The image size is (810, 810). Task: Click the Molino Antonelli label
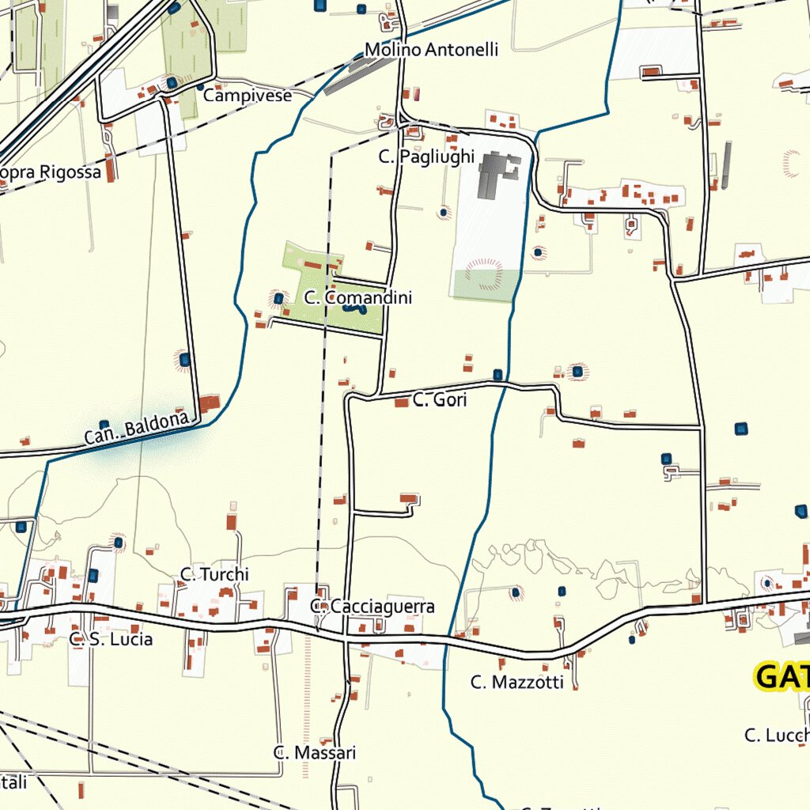(431, 50)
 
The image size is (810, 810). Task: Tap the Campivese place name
(248, 96)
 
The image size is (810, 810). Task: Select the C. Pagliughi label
(426, 157)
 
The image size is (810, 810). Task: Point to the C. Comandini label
(358, 298)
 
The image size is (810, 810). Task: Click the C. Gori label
(440, 400)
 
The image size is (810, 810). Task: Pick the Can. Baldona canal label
(137, 428)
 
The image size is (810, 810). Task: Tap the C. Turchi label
(214, 574)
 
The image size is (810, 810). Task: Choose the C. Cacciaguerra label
(373, 607)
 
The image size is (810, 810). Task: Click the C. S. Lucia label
(111, 639)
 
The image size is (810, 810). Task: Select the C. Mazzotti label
(517, 682)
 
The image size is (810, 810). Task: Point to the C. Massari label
(315, 753)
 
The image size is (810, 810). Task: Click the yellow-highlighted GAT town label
(782, 677)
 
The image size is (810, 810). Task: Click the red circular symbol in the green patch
(483, 274)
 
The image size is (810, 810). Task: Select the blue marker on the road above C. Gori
(498, 374)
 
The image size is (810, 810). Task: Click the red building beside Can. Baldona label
(210, 403)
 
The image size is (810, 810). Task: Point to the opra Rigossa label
(51, 172)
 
